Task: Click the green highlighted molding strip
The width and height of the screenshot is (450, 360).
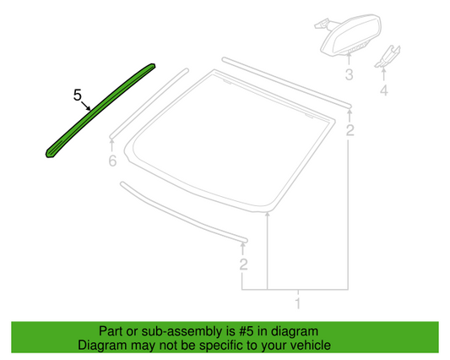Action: click(100, 110)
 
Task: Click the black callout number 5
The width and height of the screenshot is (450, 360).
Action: click(78, 95)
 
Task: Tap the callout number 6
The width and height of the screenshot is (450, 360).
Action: click(112, 161)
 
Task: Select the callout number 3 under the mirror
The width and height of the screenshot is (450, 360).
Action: click(349, 74)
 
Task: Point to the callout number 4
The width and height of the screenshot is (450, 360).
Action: click(384, 90)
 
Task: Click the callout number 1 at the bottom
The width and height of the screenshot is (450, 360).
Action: click(298, 303)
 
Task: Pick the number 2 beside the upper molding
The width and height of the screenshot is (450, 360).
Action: click(350, 130)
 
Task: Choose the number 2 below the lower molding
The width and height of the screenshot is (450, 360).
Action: click(243, 264)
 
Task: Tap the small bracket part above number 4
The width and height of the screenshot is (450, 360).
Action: click(388, 57)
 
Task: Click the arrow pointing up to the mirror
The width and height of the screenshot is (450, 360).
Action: click(349, 59)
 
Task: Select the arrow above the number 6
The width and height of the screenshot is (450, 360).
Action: click(112, 145)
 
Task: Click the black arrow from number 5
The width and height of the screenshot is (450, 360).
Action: click(86, 106)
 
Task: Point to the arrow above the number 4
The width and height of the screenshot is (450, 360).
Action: click(384, 74)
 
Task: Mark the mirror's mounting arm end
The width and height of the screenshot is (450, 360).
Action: click(319, 25)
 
